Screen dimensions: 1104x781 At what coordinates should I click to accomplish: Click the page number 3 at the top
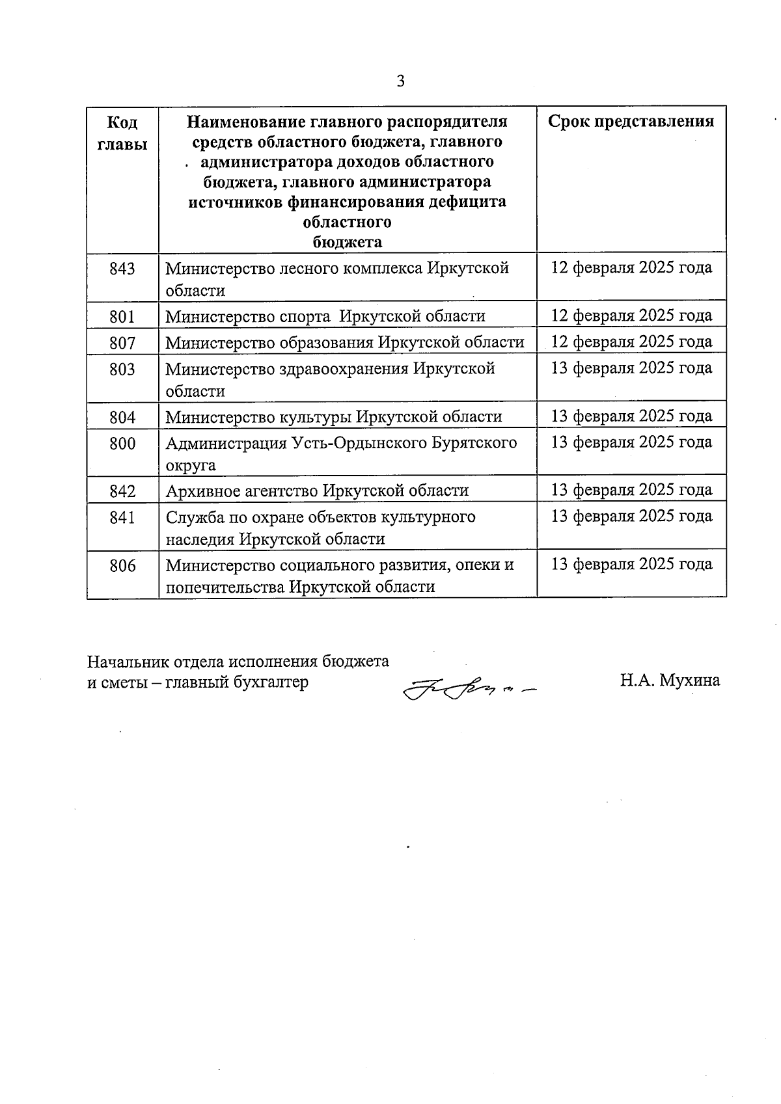[x=400, y=81]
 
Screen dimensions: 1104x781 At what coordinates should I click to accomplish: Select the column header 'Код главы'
[x=122, y=133]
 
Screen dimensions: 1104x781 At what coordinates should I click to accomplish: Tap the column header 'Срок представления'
[x=631, y=122]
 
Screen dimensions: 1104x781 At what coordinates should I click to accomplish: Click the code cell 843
[x=122, y=268]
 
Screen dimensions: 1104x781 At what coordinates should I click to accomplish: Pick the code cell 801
[x=122, y=317]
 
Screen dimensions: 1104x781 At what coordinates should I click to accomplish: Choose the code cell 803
[x=122, y=370]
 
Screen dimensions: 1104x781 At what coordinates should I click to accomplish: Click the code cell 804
[x=122, y=417]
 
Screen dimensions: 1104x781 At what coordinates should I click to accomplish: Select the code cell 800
[x=122, y=444]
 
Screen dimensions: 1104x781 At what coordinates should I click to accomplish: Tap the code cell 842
[x=122, y=491]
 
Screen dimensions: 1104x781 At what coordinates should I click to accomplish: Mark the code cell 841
[x=122, y=518]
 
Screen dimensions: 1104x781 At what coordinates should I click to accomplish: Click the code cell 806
[x=122, y=566]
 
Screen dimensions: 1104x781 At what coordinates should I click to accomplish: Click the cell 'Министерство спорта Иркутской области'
[x=325, y=317]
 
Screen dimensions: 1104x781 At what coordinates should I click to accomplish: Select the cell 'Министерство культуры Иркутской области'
[x=334, y=417]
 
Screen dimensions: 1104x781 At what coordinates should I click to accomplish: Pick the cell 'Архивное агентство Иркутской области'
[x=317, y=491]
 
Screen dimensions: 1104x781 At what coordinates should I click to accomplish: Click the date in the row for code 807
[x=631, y=342]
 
